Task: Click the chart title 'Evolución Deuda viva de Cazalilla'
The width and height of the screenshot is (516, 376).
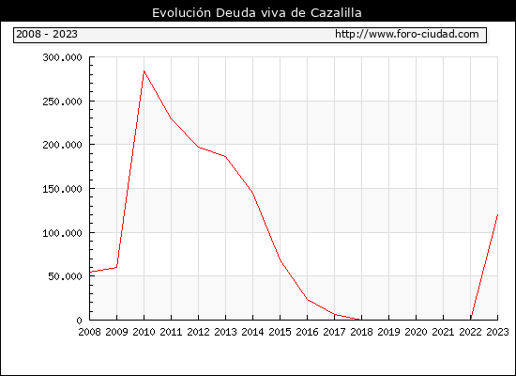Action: point(257,13)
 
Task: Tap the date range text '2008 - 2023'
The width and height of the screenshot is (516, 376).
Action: point(47,34)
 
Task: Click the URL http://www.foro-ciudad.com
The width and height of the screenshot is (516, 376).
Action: point(407,34)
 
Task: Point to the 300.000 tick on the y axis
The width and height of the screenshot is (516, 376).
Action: point(62,57)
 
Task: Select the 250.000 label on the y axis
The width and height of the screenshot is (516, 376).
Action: point(62,102)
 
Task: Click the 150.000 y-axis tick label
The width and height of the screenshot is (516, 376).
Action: point(62,189)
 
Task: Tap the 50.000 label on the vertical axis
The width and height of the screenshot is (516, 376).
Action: point(65,276)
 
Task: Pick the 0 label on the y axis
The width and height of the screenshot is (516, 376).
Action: point(79,321)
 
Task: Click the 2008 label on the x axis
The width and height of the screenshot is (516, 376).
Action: point(89,332)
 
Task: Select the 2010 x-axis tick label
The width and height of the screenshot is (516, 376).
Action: point(144,332)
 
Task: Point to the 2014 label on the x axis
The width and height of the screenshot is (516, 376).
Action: point(252,332)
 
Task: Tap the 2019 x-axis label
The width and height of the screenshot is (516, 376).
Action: point(388,332)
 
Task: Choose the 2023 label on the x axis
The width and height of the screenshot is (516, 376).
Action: point(497,332)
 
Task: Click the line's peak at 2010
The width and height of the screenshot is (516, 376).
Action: point(144,70)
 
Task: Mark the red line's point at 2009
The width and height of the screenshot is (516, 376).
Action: point(117,267)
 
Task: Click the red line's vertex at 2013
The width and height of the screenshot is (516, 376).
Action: point(226,156)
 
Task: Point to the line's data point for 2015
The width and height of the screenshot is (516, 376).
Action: point(281,260)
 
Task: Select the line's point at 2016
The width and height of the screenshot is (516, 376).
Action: point(308,300)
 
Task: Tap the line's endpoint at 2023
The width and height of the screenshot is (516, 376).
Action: point(497,214)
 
